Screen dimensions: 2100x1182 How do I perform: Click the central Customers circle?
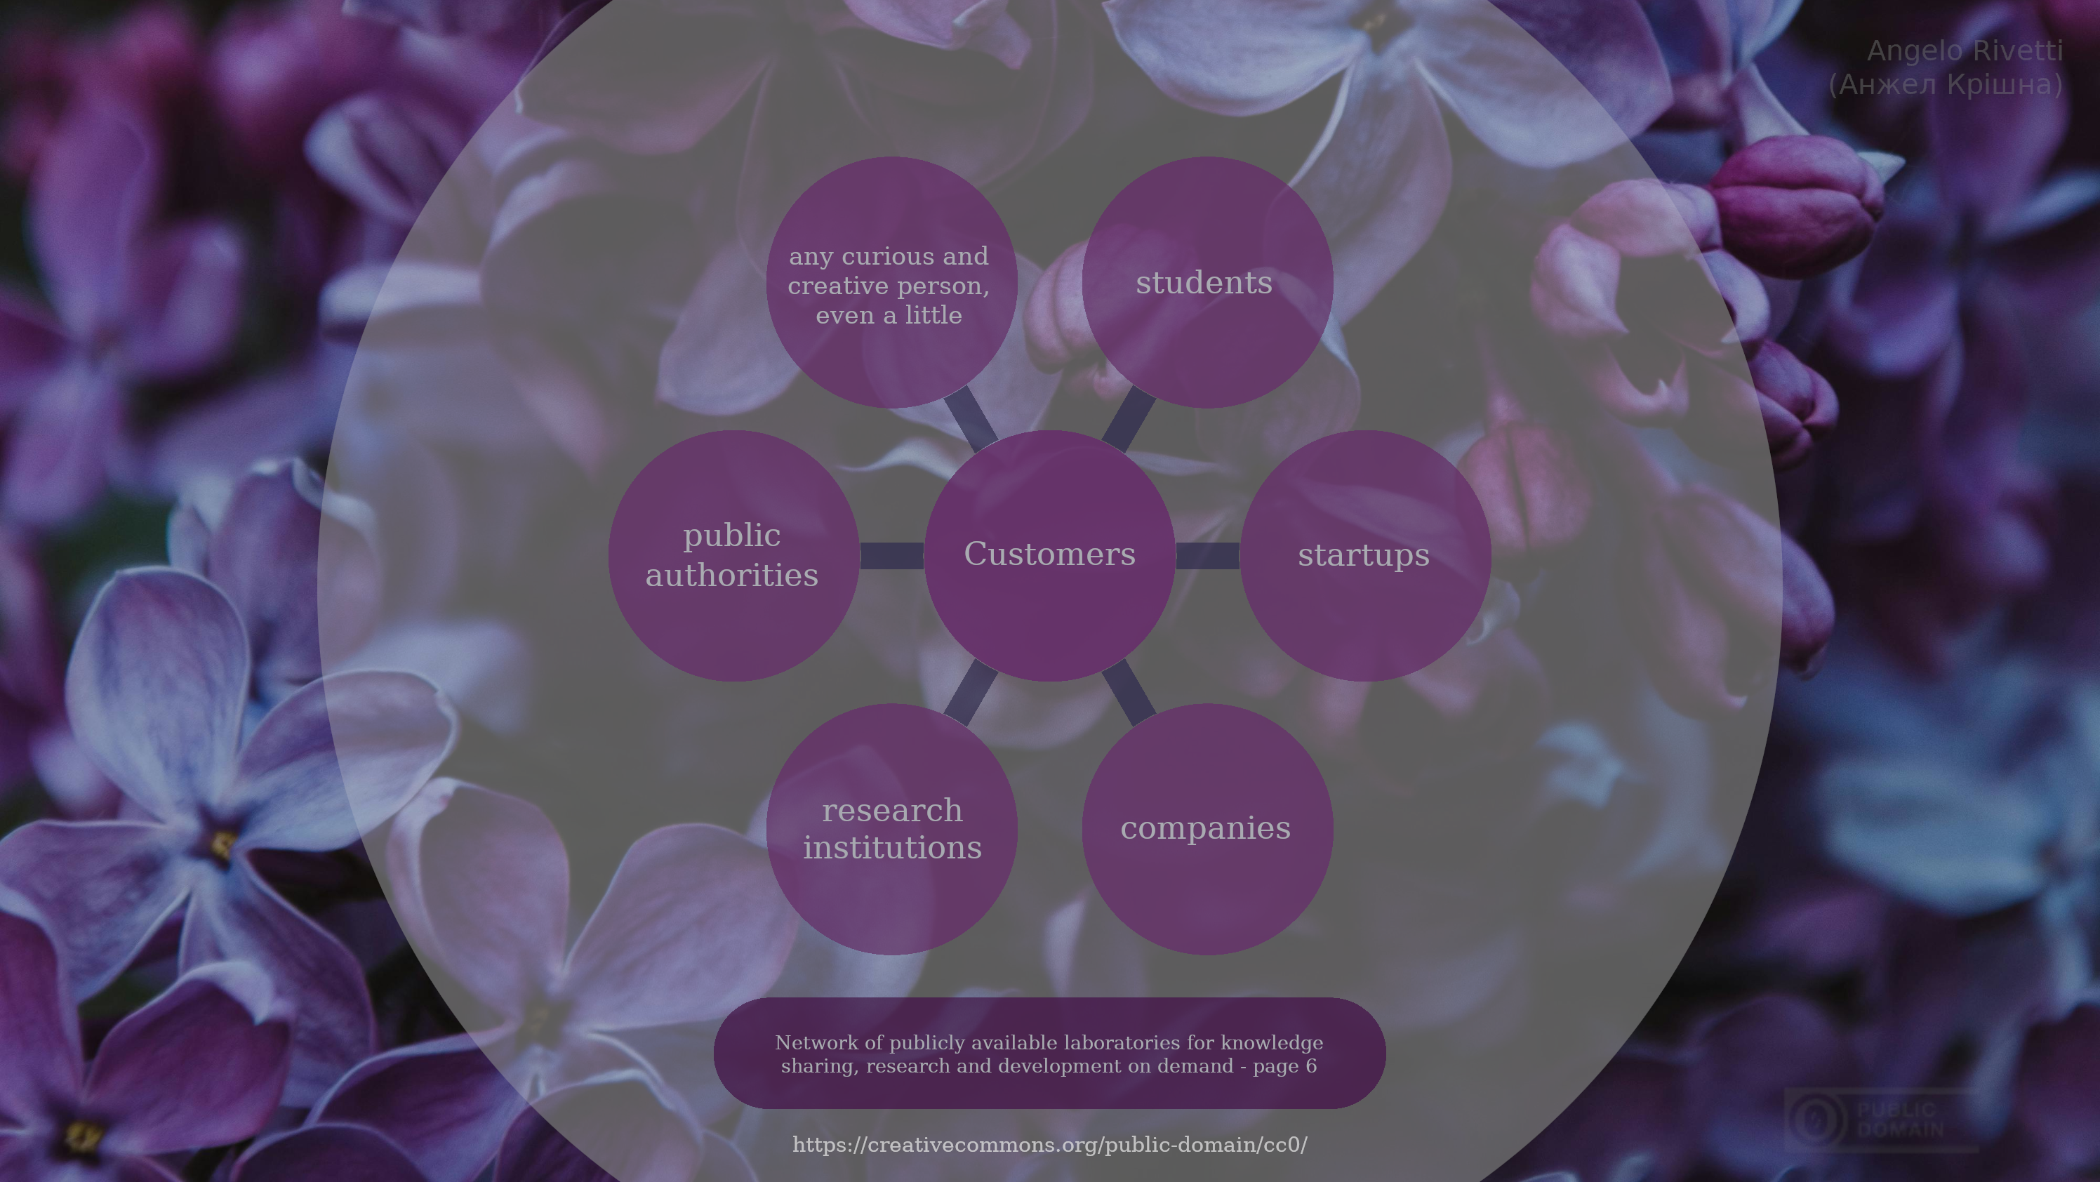[x=1049, y=555]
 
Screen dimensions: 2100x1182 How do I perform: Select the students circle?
[x=1207, y=282]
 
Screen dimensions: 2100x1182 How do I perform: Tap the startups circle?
[x=1365, y=555]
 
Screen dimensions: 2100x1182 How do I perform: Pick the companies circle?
[x=1207, y=829]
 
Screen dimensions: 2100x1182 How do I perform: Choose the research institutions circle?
[x=892, y=829]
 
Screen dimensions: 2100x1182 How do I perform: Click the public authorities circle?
[x=733, y=555]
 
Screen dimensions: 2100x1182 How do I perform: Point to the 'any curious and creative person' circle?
[x=892, y=282]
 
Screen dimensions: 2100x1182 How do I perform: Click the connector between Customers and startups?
[x=1207, y=555]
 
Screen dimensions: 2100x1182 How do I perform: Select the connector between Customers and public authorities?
[x=892, y=555]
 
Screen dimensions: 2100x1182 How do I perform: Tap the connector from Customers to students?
[x=1129, y=419]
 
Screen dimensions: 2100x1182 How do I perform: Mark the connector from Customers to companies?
[x=1129, y=692]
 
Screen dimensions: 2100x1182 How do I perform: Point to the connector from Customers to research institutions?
[x=971, y=692]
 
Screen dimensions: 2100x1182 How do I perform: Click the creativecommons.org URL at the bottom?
[x=1050, y=1146]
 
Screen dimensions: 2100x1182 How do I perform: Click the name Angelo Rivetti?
[x=1965, y=51]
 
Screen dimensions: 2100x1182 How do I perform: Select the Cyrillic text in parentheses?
[x=1946, y=85]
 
